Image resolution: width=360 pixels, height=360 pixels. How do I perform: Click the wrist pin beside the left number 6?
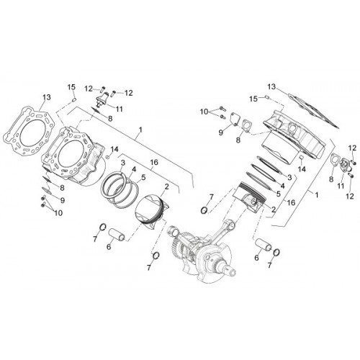(x=117, y=235)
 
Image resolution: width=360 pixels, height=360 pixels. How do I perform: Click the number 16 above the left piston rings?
(x=154, y=163)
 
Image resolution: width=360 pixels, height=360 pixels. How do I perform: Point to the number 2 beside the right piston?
(x=274, y=210)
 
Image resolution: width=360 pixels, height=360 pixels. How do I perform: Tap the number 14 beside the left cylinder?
(x=114, y=149)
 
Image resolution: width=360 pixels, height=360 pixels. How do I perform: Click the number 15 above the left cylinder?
(x=71, y=87)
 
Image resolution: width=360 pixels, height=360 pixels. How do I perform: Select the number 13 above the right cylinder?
(x=271, y=86)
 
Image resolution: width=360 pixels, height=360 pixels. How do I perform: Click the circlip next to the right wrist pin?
(x=276, y=252)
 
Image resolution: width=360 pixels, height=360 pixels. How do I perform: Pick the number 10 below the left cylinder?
(x=58, y=212)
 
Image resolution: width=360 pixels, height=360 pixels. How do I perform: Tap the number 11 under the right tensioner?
(x=341, y=186)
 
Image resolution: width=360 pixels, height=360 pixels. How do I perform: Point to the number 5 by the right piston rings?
(x=279, y=194)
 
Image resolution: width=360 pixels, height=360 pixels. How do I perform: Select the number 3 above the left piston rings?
(x=123, y=163)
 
